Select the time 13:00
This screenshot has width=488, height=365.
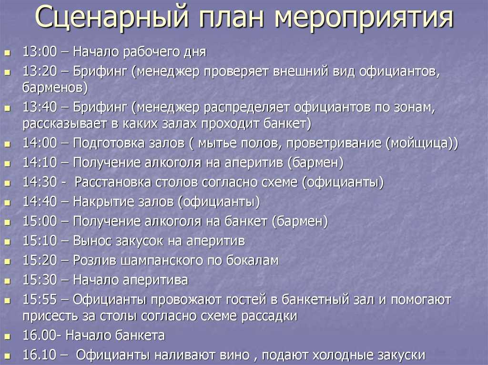[40, 51]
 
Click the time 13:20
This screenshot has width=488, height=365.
[40, 71]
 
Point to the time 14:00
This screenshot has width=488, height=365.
[40, 143]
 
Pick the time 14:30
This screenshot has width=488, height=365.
[40, 182]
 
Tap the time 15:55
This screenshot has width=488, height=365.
[40, 299]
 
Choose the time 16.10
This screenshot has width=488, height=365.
[40, 355]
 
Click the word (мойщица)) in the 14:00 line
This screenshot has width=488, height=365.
[422, 143]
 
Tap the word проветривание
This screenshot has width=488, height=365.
[334, 144]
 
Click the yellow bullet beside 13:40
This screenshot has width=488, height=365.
[7, 109]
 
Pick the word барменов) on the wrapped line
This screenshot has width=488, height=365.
[55, 88]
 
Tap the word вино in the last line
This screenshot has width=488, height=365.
[234, 355]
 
